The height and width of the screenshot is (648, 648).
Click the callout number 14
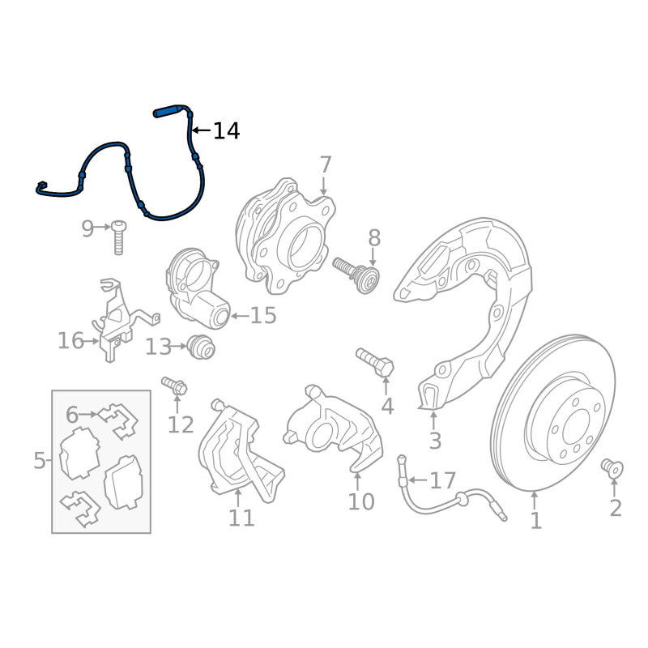(226, 130)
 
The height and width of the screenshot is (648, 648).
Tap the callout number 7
(326, 165)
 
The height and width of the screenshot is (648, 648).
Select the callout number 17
(443, 481)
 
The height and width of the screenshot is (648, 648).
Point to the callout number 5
(40, 461)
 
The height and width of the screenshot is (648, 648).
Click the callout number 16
(70, 341)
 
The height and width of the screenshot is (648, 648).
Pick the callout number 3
(435, 441)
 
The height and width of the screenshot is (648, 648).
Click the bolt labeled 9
(118, 237)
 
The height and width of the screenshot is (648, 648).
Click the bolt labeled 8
(358, 273)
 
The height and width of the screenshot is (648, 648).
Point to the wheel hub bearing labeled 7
(288, 237)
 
